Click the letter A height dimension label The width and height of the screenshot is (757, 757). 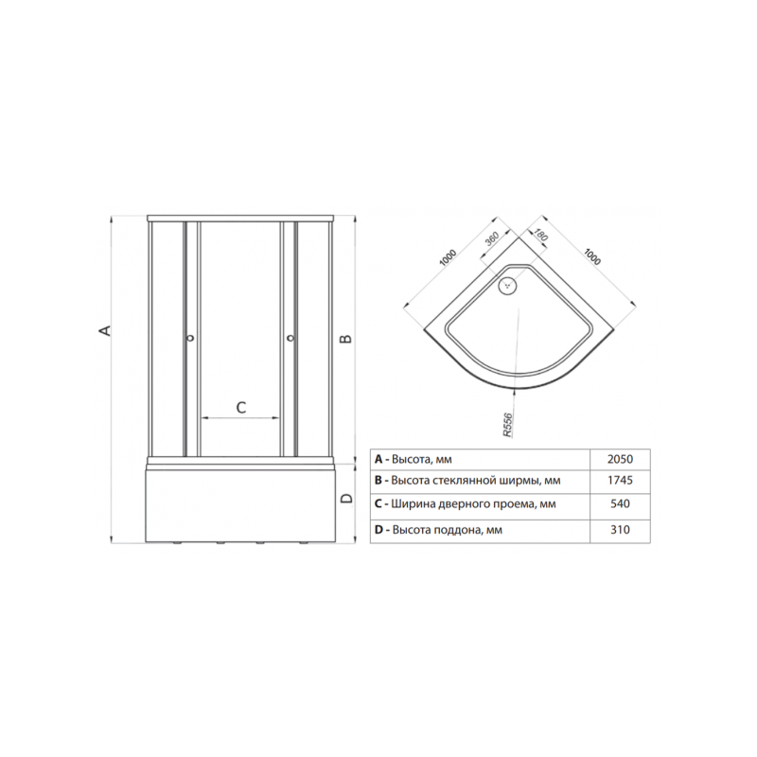pyautogui.click(x=105, y=330)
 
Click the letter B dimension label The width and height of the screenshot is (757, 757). pyautogui.click(x=345, y=339)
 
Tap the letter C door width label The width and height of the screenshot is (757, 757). pyautogui.click(x=241, y=408)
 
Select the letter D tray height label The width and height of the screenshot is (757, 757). pyautogui.click(x=346, y=499)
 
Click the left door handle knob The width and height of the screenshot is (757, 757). pyautogui.click(x=191, y=338)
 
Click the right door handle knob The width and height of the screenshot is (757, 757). pyautogui.click(x=290, y=338)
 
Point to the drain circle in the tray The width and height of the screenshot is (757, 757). pyautogui.click(x=508, y=285)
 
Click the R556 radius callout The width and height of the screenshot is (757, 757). pyautogui.click(x=508, y=425)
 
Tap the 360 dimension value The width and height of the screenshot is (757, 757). pyautogui.click(x=492, y=239)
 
